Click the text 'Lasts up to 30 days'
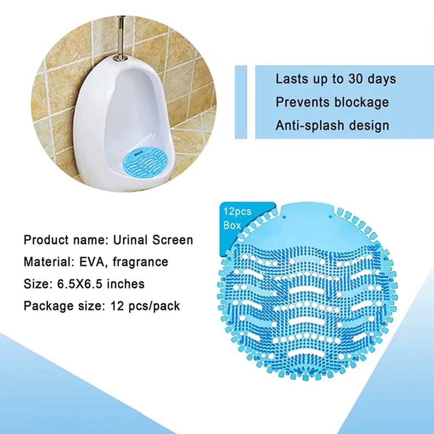[x=336, y=79]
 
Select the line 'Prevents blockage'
[x=332, y=102]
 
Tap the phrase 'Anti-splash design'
[x=332, y=125]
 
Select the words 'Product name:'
[x=66, y=240]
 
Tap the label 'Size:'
[x=37, y=284]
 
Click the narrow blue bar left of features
[x=241, y=102]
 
